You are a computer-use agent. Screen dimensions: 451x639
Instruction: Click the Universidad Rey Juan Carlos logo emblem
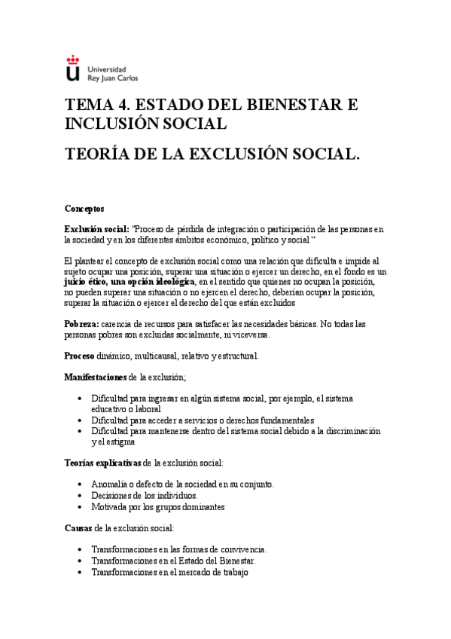[72, 69]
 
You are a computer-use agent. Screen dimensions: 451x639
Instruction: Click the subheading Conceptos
[84, 207]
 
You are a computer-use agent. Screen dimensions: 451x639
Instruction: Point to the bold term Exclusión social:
[96, 229]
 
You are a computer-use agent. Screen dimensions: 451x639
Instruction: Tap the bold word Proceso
[79, 356]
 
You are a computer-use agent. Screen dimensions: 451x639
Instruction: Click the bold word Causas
[78, 528]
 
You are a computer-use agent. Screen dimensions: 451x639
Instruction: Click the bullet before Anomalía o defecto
[81, 484]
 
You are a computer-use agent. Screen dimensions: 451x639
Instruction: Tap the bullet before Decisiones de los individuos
[81, 496]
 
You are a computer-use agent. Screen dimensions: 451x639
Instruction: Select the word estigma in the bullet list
[120, 443]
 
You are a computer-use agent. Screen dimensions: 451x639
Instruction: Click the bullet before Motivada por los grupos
[81, 508]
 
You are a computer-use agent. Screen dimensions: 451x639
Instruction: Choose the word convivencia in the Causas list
[242, 550]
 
